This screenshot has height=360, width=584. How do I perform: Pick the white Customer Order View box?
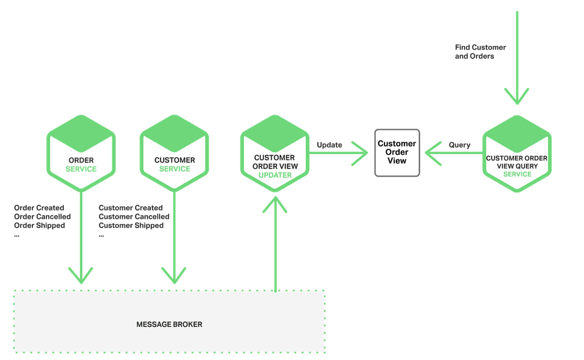[397, 152]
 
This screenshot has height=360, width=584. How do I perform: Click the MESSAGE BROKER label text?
[169, 324]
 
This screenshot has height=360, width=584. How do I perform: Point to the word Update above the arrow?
[329, 145]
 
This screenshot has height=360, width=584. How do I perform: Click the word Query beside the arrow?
[460, 145]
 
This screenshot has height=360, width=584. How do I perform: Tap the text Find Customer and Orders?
[480, 52]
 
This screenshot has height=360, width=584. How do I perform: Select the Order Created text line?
[39, 208]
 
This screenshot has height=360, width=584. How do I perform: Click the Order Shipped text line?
[39, 225]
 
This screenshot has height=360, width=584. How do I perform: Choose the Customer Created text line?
[131, 208]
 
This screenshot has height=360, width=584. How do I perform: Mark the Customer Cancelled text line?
[134, 217]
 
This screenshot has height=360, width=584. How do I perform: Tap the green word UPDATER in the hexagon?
[275, 175]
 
